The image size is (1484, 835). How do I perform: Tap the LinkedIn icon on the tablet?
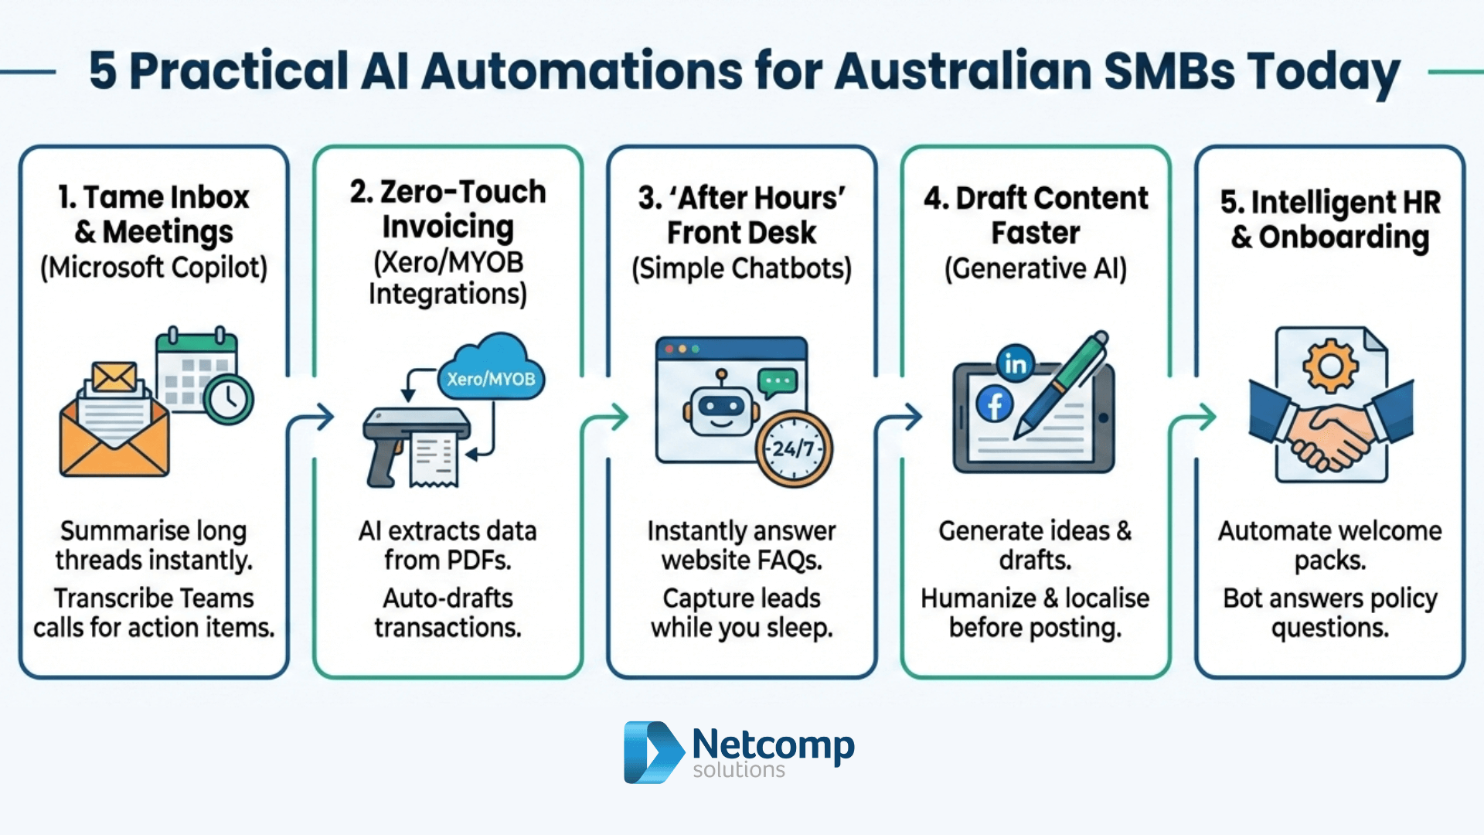coord(1015,363)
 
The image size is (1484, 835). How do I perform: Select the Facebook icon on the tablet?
coord(995,404)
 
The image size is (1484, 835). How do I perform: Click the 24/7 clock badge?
coord(794,449)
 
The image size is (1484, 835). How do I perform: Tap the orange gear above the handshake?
coord(1329,365)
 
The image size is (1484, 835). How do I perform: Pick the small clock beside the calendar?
coord(229,400)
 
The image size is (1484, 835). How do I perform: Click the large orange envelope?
coord(114,433)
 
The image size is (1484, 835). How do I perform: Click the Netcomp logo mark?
coord(652,752)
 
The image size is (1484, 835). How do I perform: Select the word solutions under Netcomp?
coord(738,770)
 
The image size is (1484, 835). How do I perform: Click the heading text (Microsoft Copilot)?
coord(154,268)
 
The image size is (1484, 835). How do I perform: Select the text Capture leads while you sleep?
coord(741,612)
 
